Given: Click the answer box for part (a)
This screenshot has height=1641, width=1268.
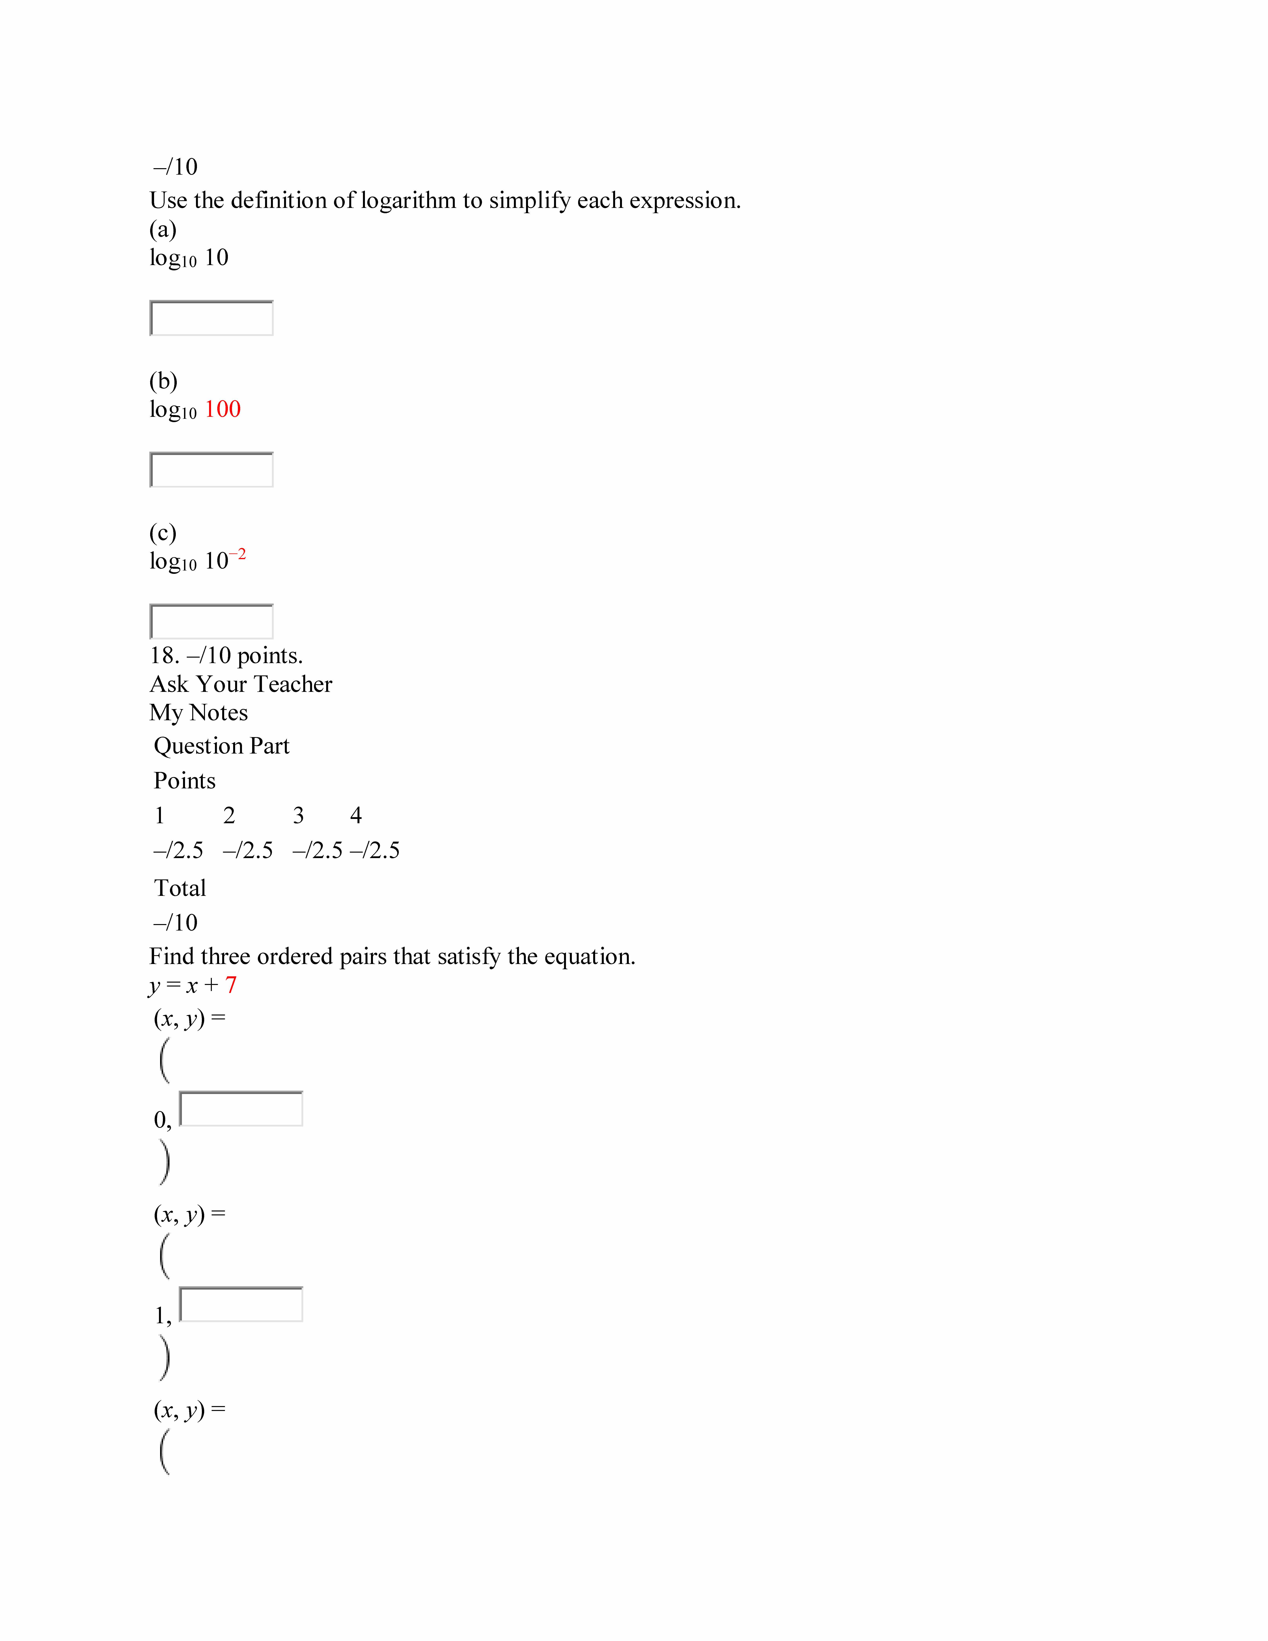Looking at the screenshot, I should click(211, 318).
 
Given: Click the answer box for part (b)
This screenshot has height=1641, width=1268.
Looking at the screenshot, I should click(211, 470).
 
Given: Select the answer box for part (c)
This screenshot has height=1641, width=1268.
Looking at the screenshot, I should click(211, 621).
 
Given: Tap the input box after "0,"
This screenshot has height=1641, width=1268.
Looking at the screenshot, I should click(241, 1109).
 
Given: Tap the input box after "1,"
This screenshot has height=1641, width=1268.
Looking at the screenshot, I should click(241, 1304).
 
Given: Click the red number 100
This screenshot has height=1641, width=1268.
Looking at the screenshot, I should click(222, 410).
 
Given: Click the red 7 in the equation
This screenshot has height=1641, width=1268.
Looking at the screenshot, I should click(231, 985).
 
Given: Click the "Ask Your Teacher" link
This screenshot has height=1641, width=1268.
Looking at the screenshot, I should click(240, 684).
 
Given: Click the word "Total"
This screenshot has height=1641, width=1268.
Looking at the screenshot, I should click(180, 888).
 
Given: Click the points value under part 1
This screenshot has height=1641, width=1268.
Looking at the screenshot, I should click(178, 851).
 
